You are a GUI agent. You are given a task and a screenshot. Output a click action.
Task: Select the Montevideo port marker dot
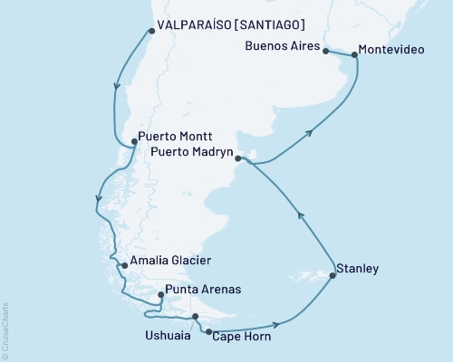click(353, 55)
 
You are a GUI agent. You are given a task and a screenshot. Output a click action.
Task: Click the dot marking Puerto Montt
click(134, 140)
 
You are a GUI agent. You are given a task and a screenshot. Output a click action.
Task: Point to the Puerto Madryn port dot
click(238, 159)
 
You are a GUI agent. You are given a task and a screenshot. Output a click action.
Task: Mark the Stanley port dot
click(332, 275)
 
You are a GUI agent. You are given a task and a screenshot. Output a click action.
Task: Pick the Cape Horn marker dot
click(210, 333)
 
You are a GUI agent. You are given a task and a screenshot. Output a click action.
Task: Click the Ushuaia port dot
click(195, 316)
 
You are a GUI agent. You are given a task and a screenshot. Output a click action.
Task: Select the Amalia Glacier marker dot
click(123, 266)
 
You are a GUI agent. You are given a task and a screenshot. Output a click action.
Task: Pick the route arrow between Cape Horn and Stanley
click(277, 324)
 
